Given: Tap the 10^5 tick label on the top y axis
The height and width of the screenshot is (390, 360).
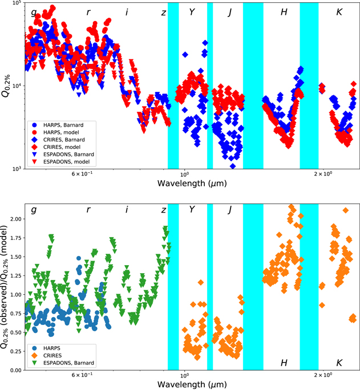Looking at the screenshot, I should click(x=15, y=3).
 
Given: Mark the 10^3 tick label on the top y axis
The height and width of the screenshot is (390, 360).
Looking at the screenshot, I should click(x=15, y=169).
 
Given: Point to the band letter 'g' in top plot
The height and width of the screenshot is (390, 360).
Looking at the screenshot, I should click(x=34, y=12).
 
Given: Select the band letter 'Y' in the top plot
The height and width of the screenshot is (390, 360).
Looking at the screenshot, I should click(x=192, y=12).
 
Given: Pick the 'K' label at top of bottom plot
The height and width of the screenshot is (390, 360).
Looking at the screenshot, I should click(x=339, y=210).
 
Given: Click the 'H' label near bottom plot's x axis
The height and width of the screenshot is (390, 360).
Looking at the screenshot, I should click(x=284, y=363).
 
